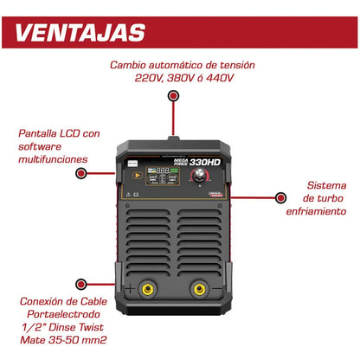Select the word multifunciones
point(52,159)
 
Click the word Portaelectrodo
point(57,315)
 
